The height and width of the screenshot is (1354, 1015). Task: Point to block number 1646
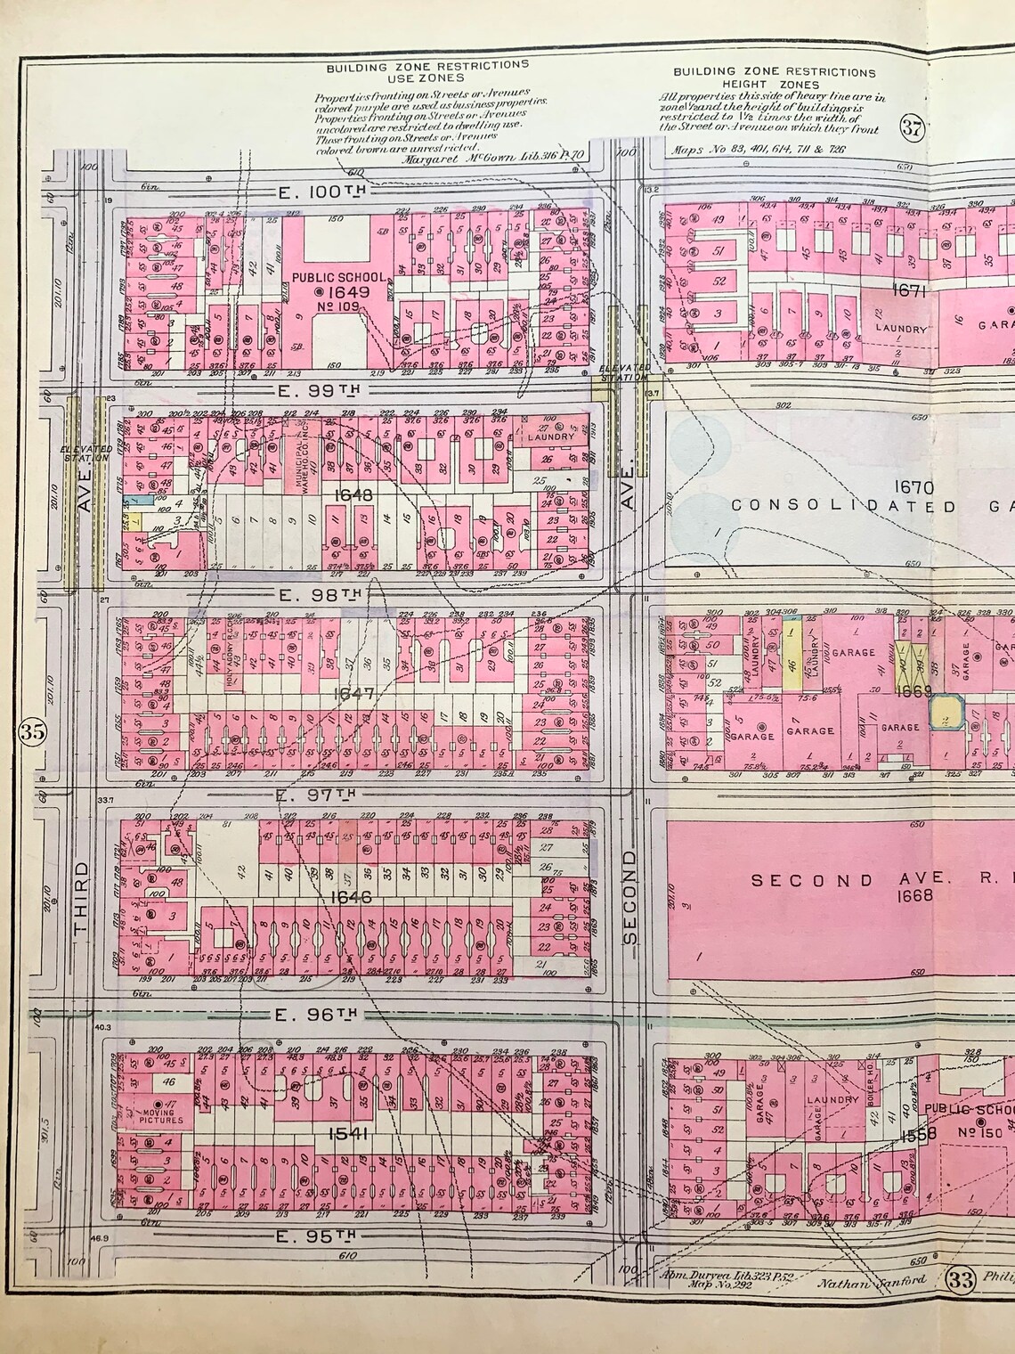[350, 897]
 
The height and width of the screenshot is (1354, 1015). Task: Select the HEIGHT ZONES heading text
[774, 84]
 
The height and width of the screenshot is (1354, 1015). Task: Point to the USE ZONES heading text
[426, 77]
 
